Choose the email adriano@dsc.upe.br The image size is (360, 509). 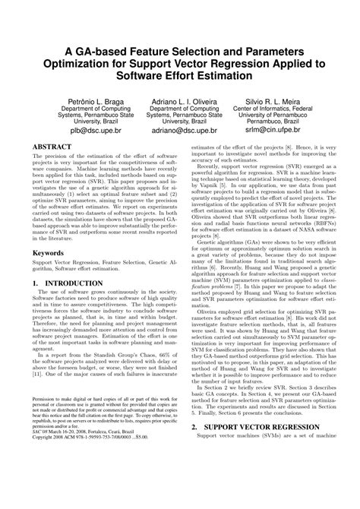pos(179,131)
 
